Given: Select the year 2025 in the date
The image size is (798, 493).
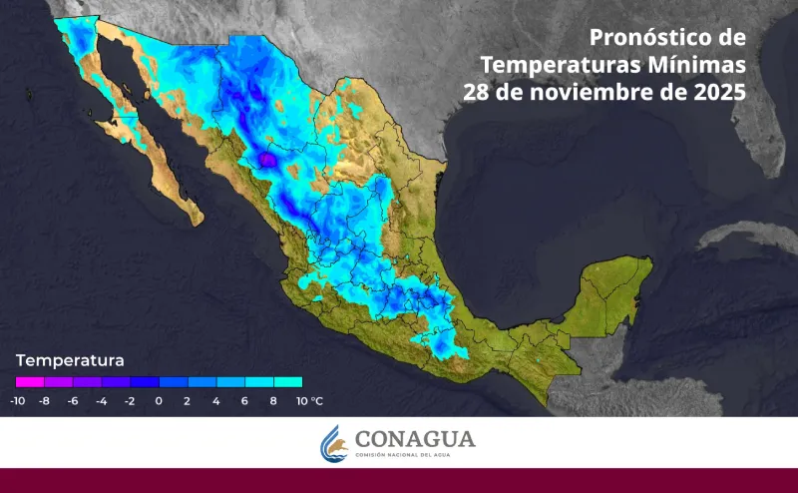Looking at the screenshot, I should (x=718, y=92).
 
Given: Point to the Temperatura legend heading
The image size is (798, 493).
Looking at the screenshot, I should (x=70, y=359).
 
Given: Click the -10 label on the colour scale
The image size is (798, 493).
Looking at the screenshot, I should (x=18, y=401).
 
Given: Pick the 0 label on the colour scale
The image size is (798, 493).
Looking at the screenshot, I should (x=159, y=401).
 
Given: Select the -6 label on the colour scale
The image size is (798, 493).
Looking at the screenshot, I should (x=73, y=401).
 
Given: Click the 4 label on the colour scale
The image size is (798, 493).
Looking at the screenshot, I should (x=216, y=401).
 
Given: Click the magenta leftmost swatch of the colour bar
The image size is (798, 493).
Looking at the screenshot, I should (x=30, y=381).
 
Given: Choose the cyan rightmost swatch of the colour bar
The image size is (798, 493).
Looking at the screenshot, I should (x=288, y=381).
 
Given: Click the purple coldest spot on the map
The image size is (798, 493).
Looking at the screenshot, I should (x=267, y=160).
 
